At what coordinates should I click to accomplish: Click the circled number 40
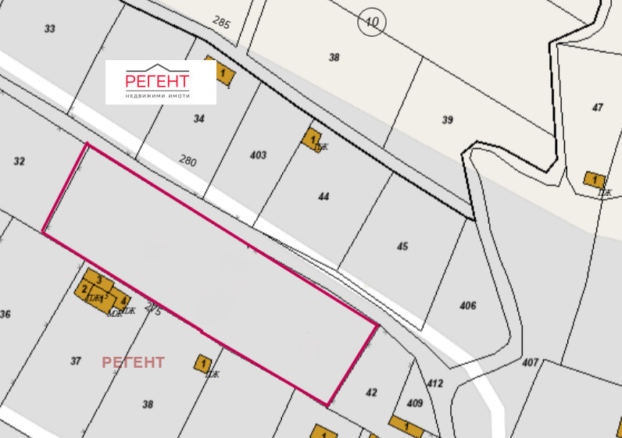371,23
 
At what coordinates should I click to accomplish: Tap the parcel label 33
50,29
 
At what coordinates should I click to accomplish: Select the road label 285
222,23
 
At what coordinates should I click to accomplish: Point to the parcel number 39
447,119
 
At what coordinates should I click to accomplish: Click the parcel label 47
598,107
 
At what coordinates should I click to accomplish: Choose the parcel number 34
198,119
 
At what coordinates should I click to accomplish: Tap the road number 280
188,162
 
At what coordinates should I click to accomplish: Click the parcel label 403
258,155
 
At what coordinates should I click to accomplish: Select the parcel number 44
324,197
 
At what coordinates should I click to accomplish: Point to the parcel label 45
402,247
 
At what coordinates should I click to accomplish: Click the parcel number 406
468,305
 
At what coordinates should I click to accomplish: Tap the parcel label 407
531,362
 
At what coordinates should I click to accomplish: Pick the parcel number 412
435,383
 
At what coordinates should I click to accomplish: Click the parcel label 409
415,403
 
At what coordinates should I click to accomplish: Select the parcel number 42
371,392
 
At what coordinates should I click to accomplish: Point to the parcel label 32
20,162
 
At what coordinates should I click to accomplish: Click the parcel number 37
76,361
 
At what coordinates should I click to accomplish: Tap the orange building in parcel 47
595,180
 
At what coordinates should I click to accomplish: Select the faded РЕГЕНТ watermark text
133,362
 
